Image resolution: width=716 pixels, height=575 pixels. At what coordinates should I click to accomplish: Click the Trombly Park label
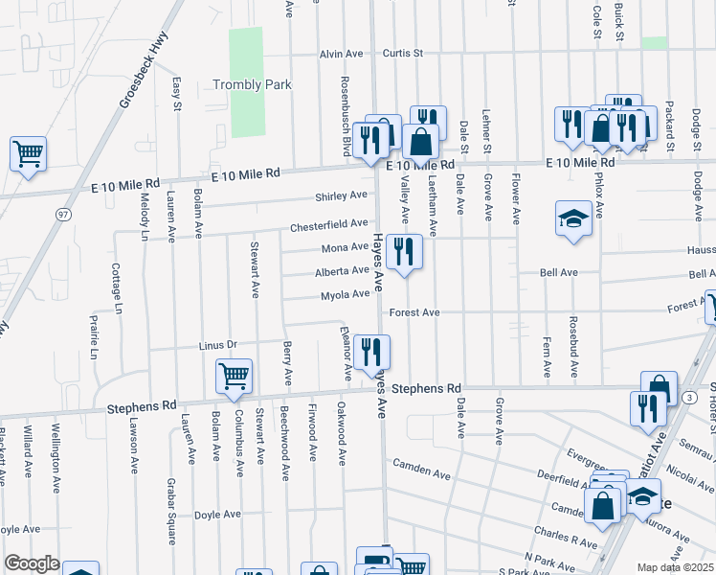point(251,85)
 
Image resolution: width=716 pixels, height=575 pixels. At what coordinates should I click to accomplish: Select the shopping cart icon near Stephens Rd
point(235,377)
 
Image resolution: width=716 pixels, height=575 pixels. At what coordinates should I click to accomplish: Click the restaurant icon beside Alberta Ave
point(405,252)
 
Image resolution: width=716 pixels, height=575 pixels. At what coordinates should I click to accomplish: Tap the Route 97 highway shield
point(62,212)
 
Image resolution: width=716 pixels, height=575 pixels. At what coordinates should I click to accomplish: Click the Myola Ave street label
point(345,295)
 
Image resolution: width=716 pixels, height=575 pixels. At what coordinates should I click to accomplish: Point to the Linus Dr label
point(217,344)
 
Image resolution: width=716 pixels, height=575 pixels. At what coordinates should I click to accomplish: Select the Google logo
point(32,563)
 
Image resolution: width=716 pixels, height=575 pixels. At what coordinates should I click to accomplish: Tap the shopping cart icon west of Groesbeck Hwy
point(29,153)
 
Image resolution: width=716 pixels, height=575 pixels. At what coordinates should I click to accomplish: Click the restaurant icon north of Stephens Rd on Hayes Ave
point(369,351)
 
